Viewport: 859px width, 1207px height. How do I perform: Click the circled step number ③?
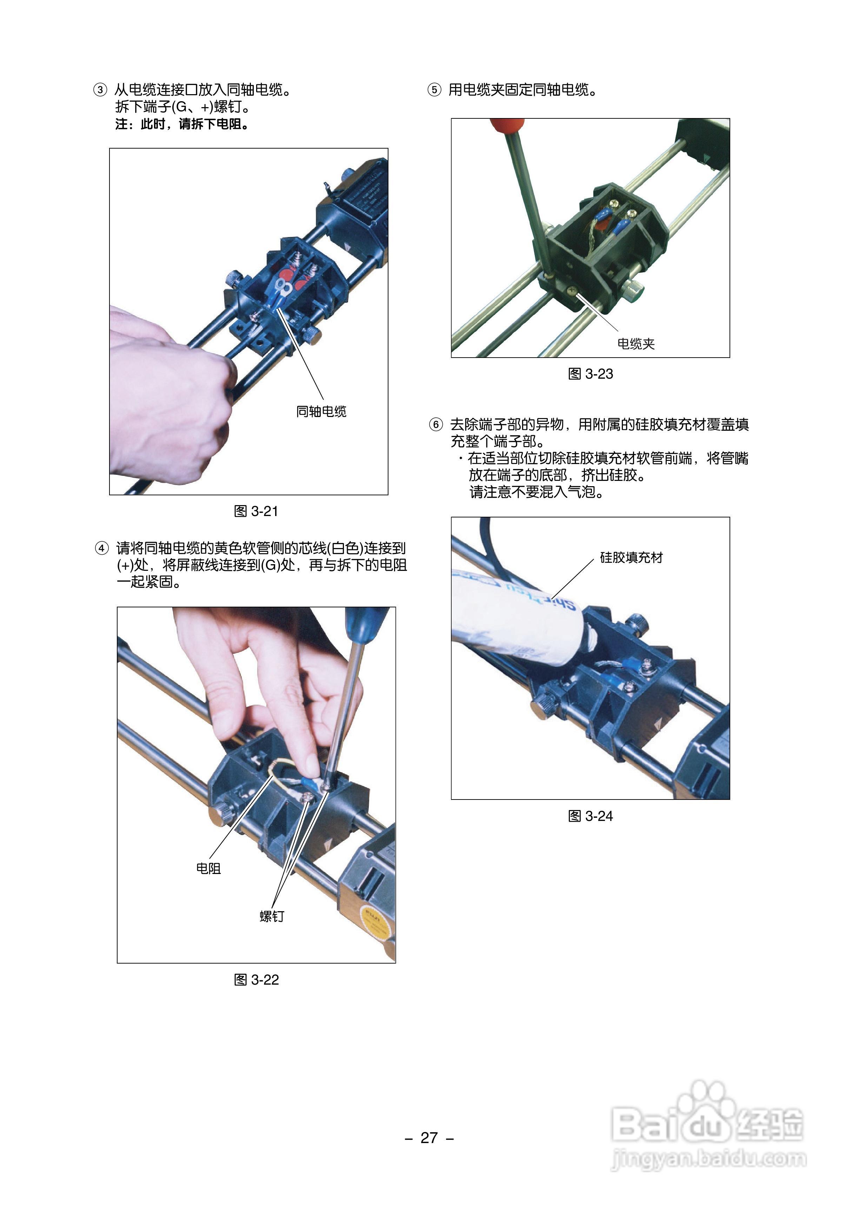point(100,90)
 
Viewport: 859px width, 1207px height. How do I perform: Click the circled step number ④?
point(101,548)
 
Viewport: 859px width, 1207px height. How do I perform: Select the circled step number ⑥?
point(435,425)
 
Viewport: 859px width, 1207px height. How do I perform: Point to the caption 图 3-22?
point(256,980)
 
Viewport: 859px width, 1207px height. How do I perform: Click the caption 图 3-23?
point(590,374)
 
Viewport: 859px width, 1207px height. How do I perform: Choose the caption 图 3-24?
point(590,816)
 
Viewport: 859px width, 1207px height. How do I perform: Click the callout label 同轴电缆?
point(321,411)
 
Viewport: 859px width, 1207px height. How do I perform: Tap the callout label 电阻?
point(208,869)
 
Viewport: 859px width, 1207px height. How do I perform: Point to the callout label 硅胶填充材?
point(631,557)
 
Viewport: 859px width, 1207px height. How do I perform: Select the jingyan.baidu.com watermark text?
point(709,1159)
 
